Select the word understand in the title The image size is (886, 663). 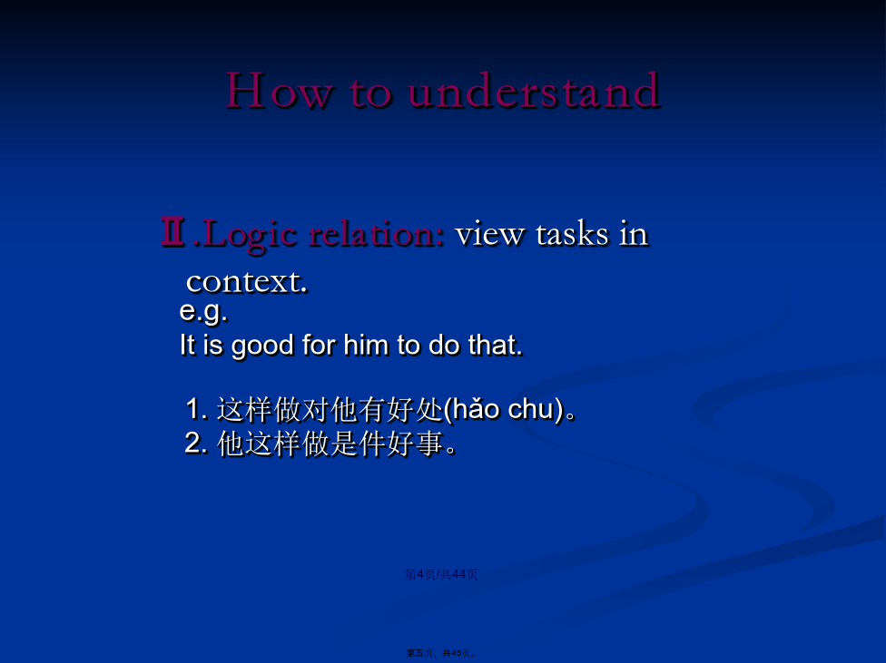tap(534, 90)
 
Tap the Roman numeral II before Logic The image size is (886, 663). tap(172, 231)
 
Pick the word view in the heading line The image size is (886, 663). tap(489, 234)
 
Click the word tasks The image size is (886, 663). tap(572, 234)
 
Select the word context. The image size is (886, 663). tap(246, 282)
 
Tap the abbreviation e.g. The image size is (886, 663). tap(203, 312)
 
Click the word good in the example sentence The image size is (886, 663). tap(262, 346)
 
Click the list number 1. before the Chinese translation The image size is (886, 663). tap(197, 409)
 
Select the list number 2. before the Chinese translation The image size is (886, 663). tap(196, 443)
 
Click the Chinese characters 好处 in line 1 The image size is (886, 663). tap(416, 409)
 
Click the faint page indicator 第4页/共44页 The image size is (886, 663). tap(441, 574)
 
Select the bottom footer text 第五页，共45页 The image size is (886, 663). tap(441, 653)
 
